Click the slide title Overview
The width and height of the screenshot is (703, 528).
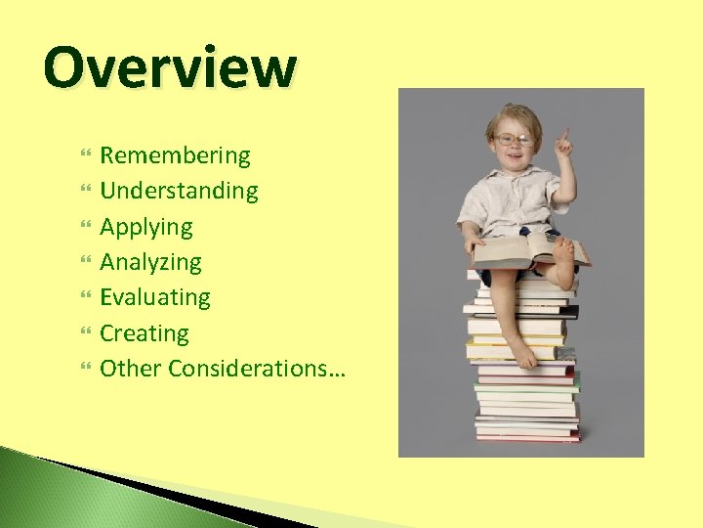(x=169, y=68)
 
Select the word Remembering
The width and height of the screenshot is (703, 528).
(x=175, y=155)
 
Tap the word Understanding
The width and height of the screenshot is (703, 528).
(x=179, y=191)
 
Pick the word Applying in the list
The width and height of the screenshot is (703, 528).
(x=146, y=227)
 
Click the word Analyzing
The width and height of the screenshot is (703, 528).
(x=150, y=262)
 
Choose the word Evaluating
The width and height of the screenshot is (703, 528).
(x=155, y=297)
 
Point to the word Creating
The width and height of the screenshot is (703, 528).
(x=145, y=333)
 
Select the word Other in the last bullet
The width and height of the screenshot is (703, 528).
(x=131, y=369)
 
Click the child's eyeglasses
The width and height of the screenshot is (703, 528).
(x=514, y=140)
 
